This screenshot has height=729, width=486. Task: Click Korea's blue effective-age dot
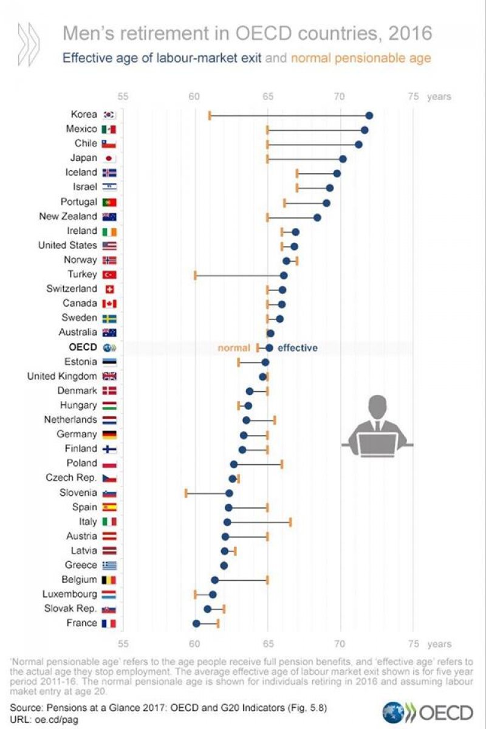(x=369, y=115)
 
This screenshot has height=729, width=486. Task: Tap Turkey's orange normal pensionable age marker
(x=195, y=275)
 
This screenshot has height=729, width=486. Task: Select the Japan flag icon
(x=109, y=159)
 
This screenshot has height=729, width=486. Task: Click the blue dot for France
(x=196, y=623)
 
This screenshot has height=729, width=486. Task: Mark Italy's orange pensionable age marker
(x=290, y=522)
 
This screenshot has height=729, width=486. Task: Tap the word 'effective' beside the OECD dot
(x=298, y=348)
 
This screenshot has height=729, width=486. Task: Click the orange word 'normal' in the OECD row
(x=234, y=348)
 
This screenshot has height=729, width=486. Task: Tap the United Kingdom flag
(x=109, y=377)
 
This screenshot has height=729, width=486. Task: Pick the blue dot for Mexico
(x=364, y=130)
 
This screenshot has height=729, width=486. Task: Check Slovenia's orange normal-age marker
(x=186, y=493)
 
